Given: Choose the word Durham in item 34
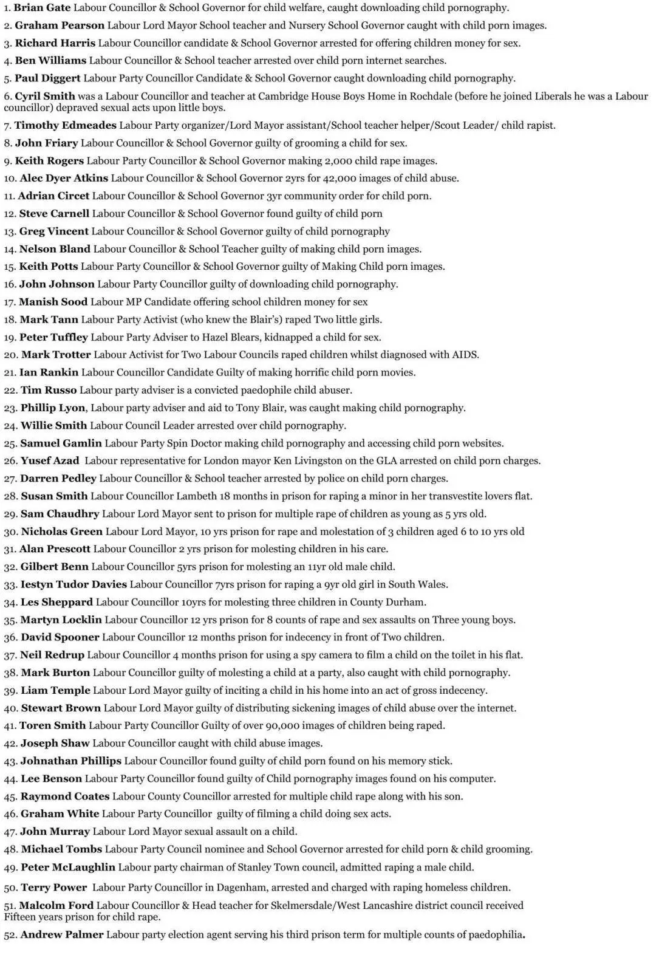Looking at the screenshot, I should [406, 602].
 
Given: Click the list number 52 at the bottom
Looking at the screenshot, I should [10, 935].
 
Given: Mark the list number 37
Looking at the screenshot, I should [10, 655].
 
